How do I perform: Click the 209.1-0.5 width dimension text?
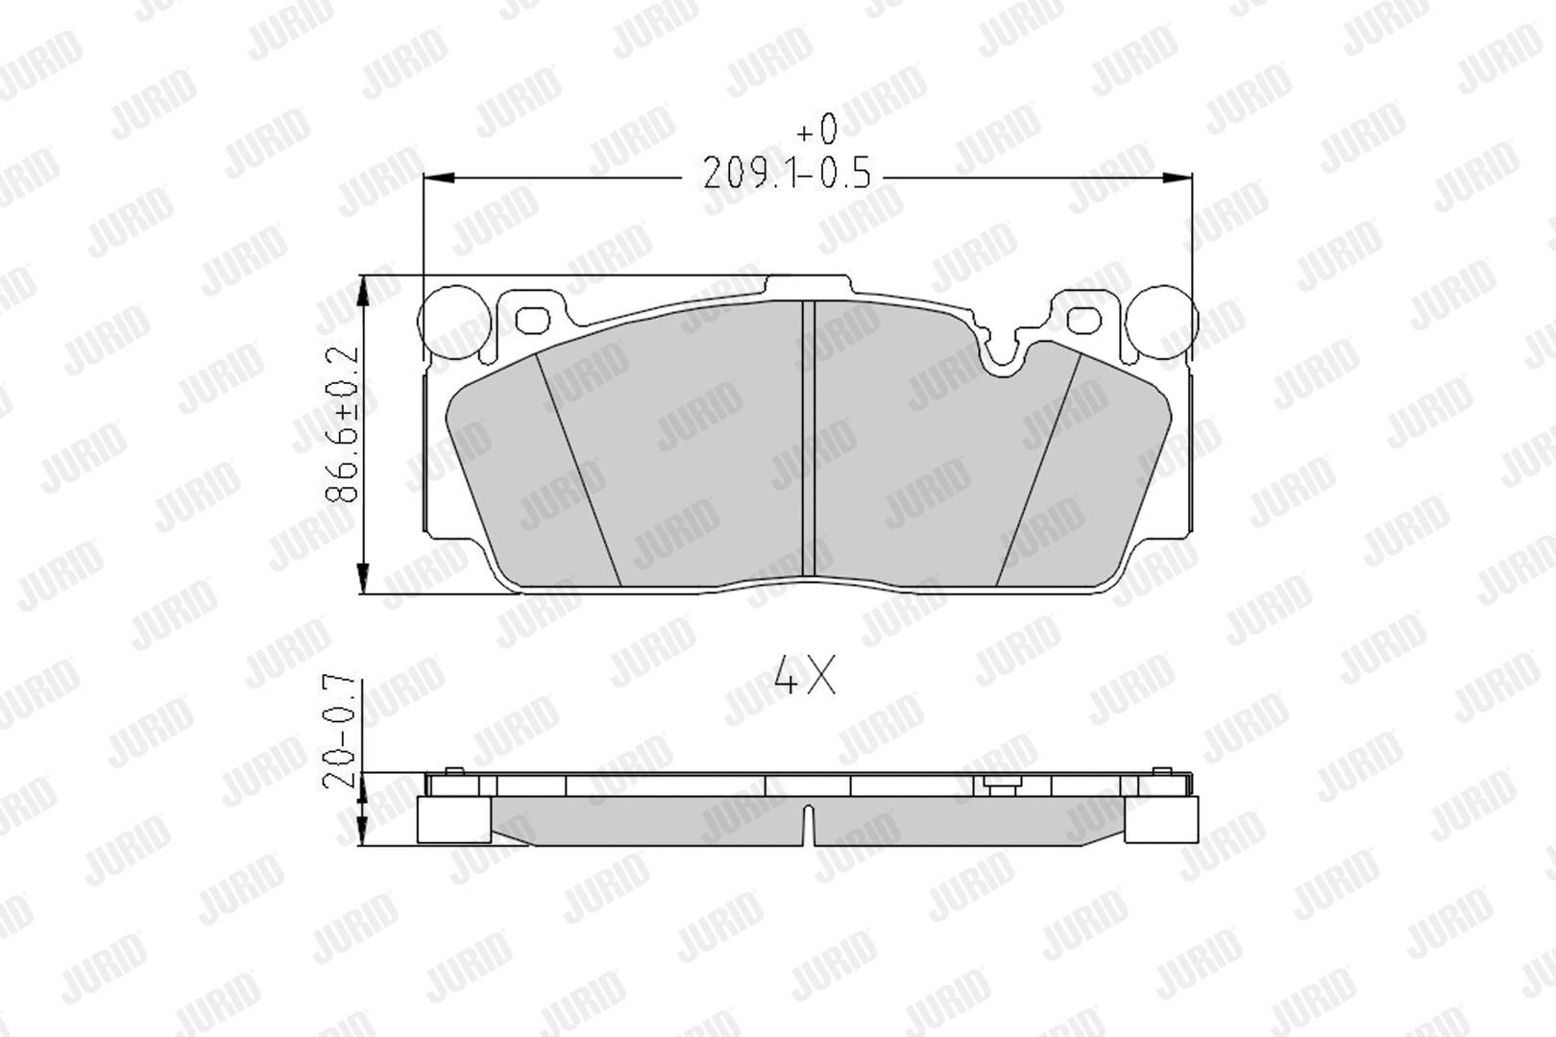pos(787,173)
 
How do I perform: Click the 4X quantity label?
pos(805,675)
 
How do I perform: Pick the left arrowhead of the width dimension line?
pos(439,179)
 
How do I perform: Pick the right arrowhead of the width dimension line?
pos(1177,179)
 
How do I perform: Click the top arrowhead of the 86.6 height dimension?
pos(362,291)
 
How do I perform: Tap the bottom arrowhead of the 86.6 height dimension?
pos(362,578)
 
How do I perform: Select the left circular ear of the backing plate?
pos(455,322)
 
